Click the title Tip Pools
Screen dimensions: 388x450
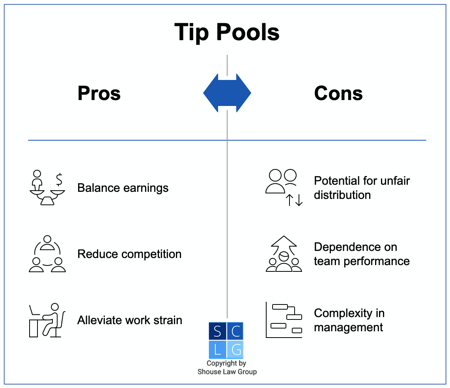[227, 32]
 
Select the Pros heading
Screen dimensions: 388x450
[99, 94]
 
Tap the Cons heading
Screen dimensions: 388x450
[338, 94]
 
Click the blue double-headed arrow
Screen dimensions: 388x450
[227, 93]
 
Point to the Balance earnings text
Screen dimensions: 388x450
[123, 188]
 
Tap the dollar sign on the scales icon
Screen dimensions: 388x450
[59, 179]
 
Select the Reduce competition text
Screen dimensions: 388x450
[129, 254]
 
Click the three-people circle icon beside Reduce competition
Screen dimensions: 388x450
[47, 254]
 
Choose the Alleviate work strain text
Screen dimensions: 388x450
[130, 320]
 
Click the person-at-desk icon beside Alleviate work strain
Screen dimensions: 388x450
[47, 320]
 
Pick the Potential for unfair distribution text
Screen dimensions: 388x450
[362, 188]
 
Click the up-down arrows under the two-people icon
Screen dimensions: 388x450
[295, 200]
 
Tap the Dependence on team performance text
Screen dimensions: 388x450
[362, 254]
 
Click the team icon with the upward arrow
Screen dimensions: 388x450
[284, 254]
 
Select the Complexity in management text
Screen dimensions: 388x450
[349, 320]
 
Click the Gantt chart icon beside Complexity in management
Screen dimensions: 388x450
[284, 320]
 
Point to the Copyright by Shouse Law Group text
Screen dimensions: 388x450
[227, 368]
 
